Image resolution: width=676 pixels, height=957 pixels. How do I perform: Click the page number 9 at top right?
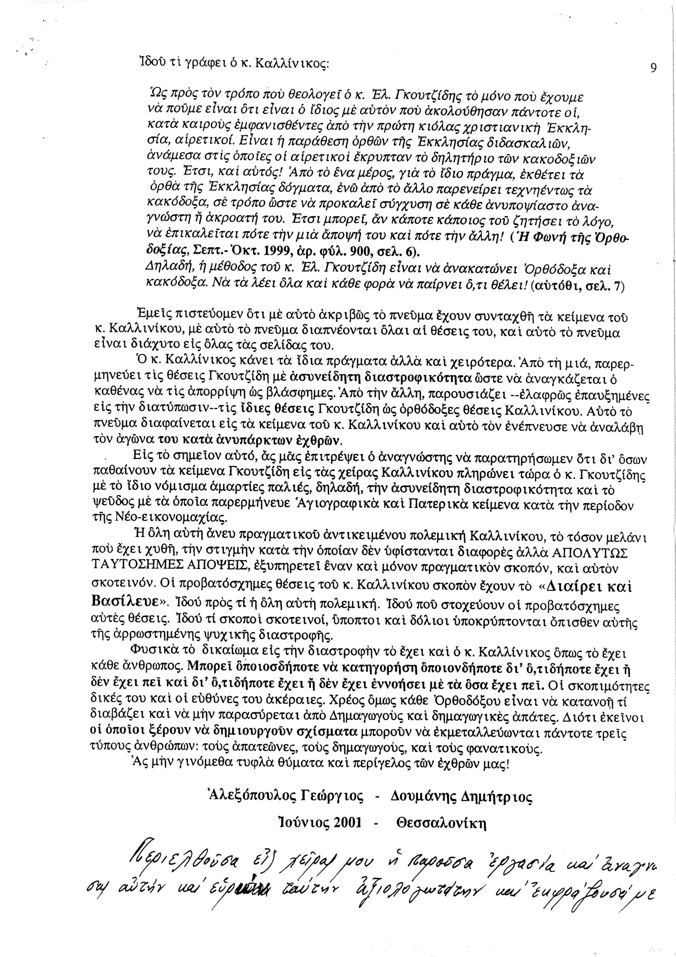[x=653, y=68]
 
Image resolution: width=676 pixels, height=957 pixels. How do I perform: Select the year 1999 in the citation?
[x=263, y=253]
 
